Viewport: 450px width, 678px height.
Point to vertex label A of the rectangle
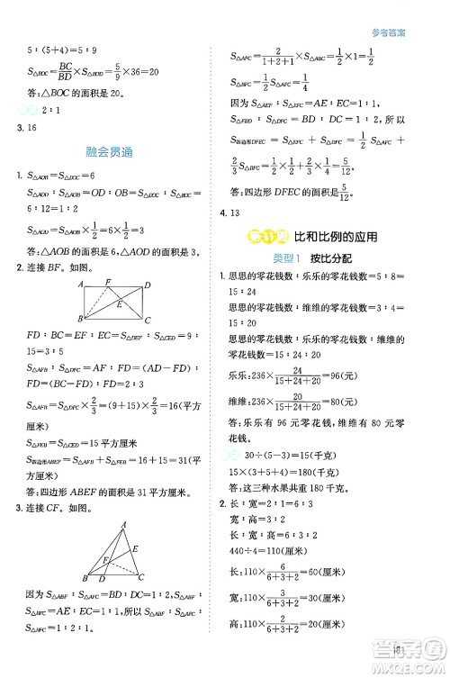(80, 285)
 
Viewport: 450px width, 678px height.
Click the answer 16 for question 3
(31, 130)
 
